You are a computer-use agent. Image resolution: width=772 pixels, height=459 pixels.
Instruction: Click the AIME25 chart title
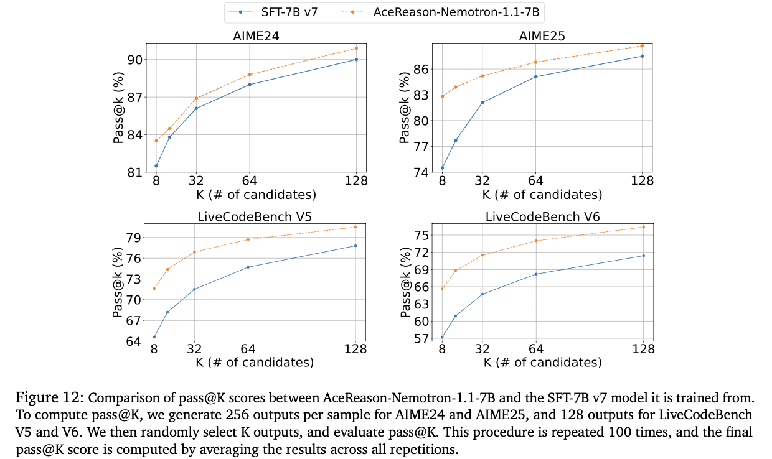(542, 36)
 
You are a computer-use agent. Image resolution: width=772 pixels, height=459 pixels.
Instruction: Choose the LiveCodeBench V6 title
(542, 216)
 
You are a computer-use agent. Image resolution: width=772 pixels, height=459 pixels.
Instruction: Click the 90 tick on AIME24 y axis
(134, 60)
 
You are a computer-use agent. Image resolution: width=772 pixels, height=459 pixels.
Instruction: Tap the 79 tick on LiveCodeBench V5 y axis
(134, 238)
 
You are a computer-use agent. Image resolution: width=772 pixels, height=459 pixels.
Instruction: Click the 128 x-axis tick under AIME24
(356, 181)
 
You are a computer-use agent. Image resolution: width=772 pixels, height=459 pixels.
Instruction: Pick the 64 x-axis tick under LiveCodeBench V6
(536, 350)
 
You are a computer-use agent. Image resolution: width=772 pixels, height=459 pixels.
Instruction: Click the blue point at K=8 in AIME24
(156, 166)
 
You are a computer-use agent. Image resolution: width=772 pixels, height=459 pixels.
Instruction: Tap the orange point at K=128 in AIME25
(642, 45)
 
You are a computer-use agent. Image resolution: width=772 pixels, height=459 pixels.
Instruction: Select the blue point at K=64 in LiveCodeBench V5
(248, 267)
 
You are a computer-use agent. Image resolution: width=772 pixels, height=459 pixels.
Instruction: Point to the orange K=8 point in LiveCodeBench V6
(442, 289)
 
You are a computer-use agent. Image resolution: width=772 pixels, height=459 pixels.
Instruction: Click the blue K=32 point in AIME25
(482, 103)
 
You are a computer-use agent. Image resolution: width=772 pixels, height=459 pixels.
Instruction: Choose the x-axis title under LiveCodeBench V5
(255, 362)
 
